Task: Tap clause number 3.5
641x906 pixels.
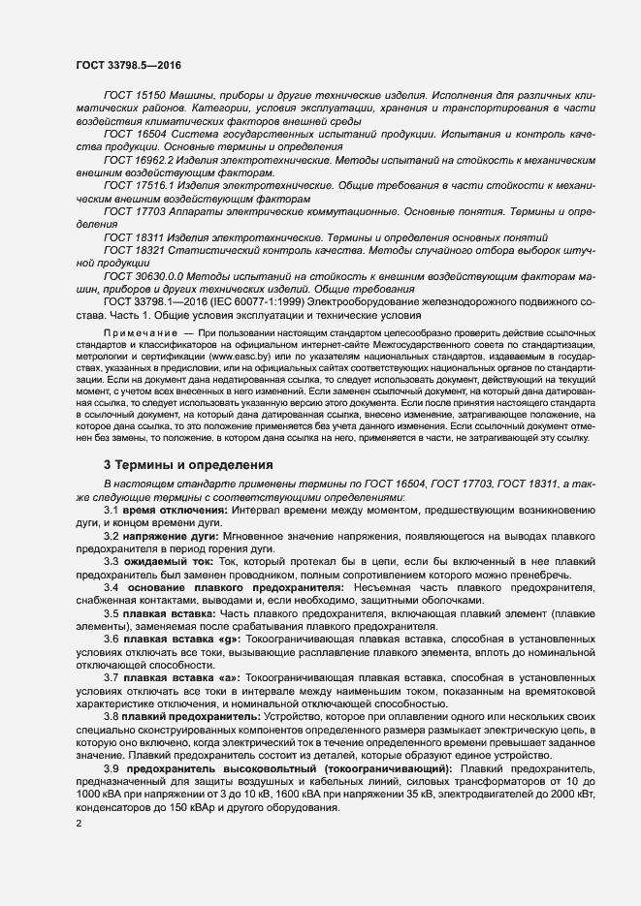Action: point(112,613)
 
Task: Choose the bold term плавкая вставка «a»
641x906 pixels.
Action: point(178,677)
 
